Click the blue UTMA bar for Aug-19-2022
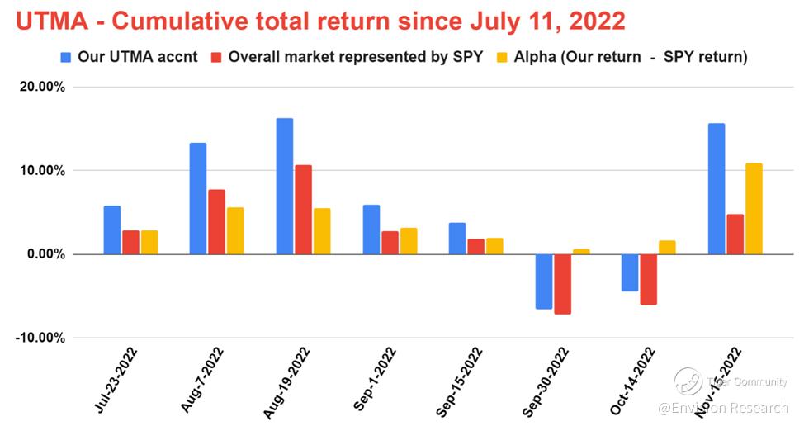[285, 186]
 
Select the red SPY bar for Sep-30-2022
[563, 284]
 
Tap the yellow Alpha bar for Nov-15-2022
[753, 208]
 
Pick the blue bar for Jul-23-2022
[112, 230]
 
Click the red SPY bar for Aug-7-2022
[216, 221]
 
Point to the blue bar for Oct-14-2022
[630, 272]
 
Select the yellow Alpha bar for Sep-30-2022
[581, 251]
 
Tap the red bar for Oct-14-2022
[649, 279]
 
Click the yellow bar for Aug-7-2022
[234, 230]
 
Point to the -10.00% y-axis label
[40, 338]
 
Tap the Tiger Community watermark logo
[688, 381]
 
